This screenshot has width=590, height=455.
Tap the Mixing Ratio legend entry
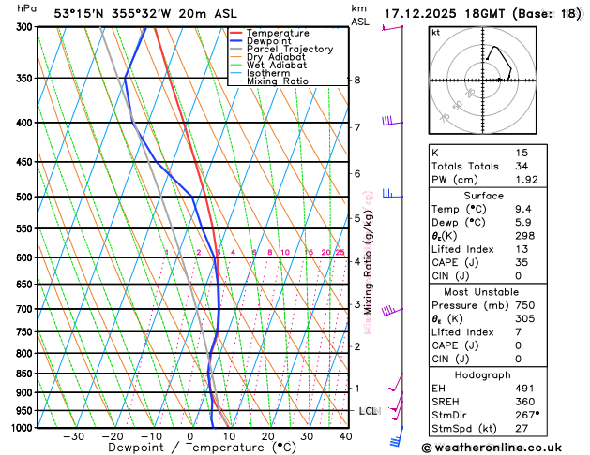point(278,81)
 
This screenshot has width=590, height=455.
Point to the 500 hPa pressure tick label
point(21,198)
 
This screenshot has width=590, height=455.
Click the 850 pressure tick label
point(21,374)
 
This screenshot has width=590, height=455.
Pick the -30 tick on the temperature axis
point(73,436)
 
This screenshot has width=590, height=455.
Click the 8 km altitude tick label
point(356,81)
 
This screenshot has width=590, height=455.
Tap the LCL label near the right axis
point(368,411)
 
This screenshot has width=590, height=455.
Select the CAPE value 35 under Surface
point(522,263)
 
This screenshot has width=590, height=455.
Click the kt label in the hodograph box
point(435,32)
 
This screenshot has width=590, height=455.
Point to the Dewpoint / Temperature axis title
point(190,448)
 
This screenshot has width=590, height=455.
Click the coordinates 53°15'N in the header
point(80,13)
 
